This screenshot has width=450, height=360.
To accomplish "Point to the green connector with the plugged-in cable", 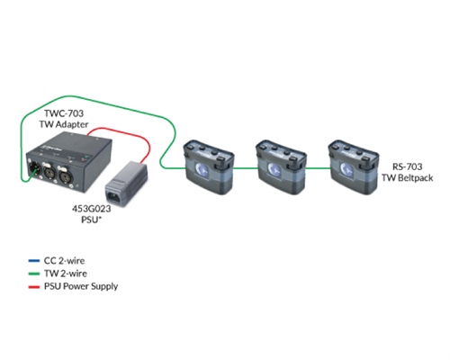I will coord(34,167).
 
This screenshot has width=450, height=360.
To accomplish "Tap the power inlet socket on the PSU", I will coord(116,191).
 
